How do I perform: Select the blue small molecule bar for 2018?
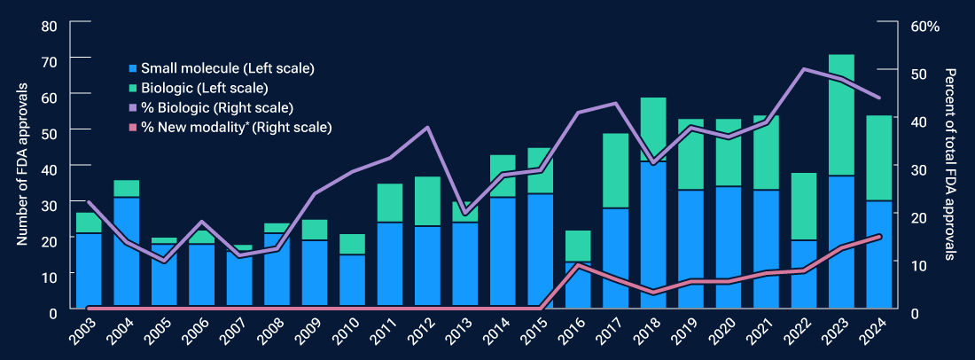coord(653,236)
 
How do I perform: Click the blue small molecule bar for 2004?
coord(126,254)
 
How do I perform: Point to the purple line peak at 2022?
coord(804,69)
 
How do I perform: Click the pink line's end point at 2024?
coord(878,236)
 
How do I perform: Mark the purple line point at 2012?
coord(427,128)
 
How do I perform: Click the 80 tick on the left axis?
coord(50,26)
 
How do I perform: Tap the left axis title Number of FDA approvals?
coord(24,168)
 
